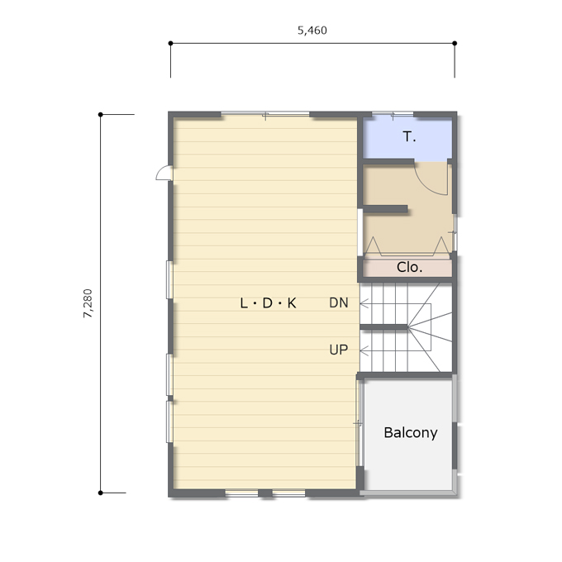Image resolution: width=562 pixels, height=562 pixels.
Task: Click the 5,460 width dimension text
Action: (x=312, y=31)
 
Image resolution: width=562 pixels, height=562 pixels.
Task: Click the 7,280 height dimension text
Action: (x=88, y=303)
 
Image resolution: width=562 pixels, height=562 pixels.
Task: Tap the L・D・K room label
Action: (x=268, y=303)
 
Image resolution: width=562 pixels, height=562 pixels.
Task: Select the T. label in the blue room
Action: (x=409, y=136)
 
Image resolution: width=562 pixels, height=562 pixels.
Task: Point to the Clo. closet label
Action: (x=409, y=267)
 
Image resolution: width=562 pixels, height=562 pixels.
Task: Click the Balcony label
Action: (x=411, y=432)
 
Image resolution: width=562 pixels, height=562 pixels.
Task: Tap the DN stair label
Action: (x=339, y=302)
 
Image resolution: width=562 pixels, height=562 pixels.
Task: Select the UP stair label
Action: (x=339, y=350)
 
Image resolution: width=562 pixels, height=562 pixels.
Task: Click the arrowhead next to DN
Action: (x=364, y=304)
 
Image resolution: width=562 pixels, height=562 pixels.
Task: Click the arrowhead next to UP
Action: (x=364, y=351)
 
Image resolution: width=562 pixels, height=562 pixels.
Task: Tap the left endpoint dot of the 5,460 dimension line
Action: (x=170, y=43)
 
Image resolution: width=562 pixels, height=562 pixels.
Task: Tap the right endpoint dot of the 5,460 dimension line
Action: (x=455, y=43)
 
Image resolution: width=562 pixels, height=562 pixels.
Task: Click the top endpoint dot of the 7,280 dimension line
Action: (x=100, y=115)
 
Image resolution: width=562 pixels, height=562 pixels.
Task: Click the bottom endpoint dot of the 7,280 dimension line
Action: (x=100, y=493)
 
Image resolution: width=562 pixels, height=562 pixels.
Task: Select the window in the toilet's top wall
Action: (x=393, y=114)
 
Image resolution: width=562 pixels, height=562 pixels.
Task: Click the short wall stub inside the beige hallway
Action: (x=385, y=208)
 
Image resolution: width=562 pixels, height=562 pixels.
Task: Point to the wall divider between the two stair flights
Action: (x=383, y=327)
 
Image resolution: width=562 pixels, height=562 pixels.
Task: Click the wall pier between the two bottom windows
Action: (x=265, y=493)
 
